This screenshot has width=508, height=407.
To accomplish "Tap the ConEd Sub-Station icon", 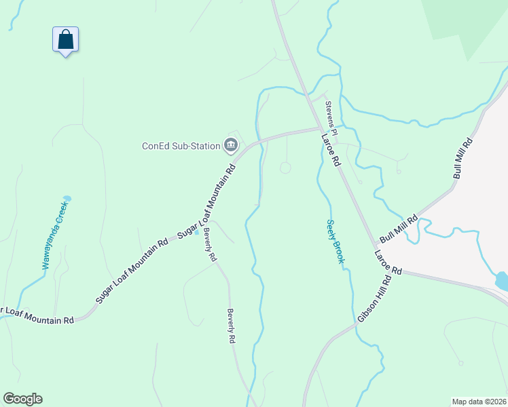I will (x=231, y=144).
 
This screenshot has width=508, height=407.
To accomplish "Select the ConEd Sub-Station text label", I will (x=181, y=145).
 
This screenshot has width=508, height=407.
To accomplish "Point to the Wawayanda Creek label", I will (x=55, y=235).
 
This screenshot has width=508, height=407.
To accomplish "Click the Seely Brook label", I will (x=335, y=241).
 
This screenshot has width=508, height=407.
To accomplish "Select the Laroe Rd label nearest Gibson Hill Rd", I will (x=387, y=262).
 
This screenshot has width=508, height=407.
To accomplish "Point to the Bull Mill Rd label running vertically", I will (x=462, y=159).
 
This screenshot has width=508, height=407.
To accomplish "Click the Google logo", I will (x=22, y=399).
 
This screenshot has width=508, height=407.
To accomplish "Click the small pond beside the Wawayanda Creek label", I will (x=67, y=199).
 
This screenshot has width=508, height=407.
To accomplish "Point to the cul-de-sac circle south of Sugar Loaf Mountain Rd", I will (x=286, y=168).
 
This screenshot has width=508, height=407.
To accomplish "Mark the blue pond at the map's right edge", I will (x=502, y=280).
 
